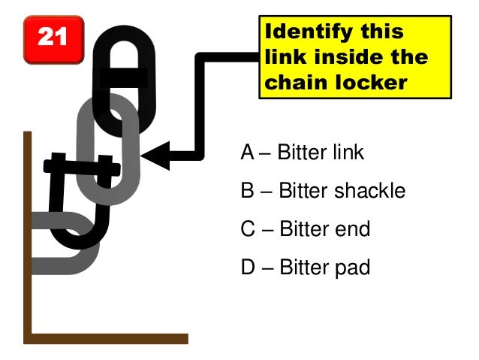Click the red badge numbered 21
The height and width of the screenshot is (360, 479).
[x=52, y=38]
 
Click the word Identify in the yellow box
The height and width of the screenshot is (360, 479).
[x=302, y=32]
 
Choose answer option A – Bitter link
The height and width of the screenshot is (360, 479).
[x=302, y=153]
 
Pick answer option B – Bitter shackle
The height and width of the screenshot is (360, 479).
[x=323, y=191]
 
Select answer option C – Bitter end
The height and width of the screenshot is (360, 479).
[x=306, y=228]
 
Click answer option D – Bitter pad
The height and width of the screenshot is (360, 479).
[x=306, y=267]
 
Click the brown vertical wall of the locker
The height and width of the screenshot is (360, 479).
[x=28, y=225]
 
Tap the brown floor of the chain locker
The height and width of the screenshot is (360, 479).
[x=105, y=338]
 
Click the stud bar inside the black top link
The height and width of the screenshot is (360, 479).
[x=125, y=77]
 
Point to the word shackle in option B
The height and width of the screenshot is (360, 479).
[x=369, y=191]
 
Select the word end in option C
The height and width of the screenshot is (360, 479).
[x=354, y=228]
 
